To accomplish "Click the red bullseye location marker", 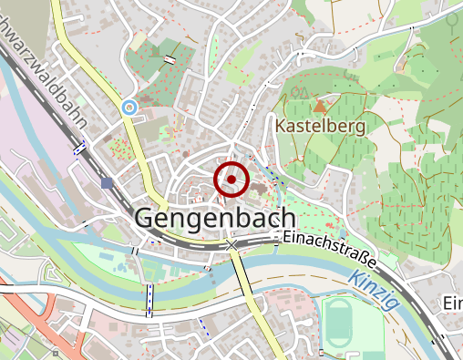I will (x=231, y=179).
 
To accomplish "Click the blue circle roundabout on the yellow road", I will (x=129, y=108).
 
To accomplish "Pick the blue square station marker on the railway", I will (x=108, y=183).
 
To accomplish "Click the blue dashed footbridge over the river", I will (x=149, y=297).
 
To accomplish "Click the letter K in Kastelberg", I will (x=280, y=126).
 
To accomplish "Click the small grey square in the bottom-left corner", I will (x=56, y=352).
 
